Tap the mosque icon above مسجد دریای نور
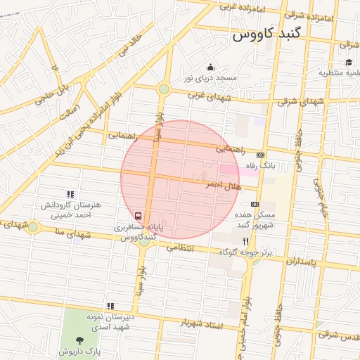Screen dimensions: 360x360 click(210, 67)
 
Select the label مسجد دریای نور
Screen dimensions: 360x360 click(210, 77)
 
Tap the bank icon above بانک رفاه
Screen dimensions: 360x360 click(261, 155)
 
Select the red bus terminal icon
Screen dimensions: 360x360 click(139, 216)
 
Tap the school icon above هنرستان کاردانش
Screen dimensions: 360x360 click(70, 194)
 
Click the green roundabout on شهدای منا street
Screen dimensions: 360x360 click(33, 226)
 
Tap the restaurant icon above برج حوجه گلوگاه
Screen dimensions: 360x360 click(245, 240)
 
